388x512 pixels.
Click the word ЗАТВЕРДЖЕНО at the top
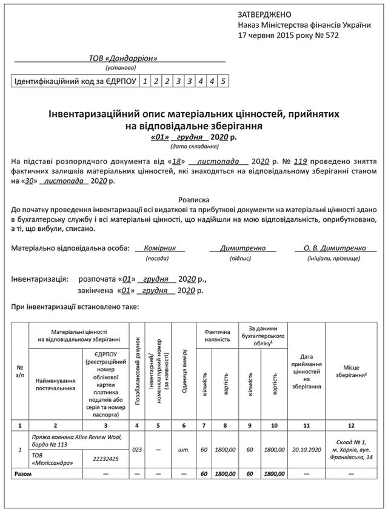pos(265,14)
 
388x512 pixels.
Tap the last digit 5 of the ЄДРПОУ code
pos(223,81)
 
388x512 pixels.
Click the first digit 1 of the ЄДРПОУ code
pos(144,81)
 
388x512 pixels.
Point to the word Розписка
pos(194,199)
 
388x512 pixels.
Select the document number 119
pos(301,162)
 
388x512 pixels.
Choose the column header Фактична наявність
pos(217,336)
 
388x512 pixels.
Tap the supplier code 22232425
pos(105,459)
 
